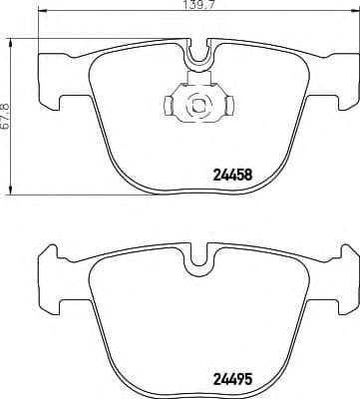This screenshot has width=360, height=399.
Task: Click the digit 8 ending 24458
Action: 271,173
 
